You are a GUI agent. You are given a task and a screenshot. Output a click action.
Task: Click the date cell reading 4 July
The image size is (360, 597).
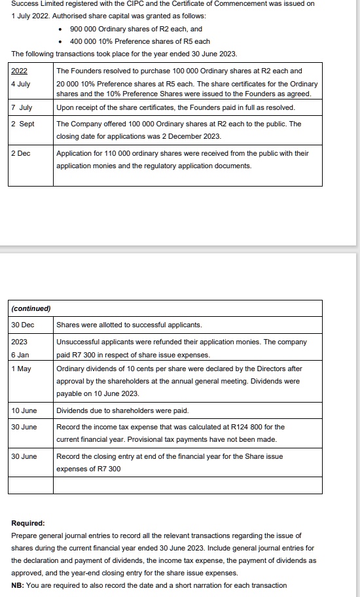point(20,84)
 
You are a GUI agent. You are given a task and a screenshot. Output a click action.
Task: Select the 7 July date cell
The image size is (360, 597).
point(22,107)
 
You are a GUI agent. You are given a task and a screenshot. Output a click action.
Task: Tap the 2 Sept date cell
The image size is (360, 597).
point(23,124)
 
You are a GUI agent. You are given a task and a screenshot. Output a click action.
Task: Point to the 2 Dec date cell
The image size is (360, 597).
point(22,153)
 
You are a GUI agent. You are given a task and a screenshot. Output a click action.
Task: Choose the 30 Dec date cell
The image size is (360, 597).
point(23,325)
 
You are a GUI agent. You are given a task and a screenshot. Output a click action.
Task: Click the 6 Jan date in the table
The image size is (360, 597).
point(20,355)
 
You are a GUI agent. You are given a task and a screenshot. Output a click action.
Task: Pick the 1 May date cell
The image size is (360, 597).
point(22,369)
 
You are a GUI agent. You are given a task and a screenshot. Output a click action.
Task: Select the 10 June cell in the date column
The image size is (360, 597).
point(24,410)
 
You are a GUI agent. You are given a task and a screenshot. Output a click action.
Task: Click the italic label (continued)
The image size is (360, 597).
point(31,308)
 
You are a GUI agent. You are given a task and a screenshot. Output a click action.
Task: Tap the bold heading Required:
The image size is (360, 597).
point(28,523)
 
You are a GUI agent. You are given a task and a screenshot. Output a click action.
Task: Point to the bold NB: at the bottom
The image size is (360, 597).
point(19,585)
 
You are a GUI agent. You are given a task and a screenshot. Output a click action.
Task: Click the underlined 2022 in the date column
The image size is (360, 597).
point(20,71)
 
